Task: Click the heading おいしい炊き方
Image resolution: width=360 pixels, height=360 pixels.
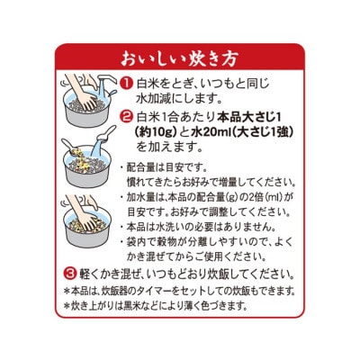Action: coord(179,60)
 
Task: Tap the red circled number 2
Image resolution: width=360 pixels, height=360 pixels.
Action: coord(127,118)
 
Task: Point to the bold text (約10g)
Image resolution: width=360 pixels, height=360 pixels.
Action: coord(160,133)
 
